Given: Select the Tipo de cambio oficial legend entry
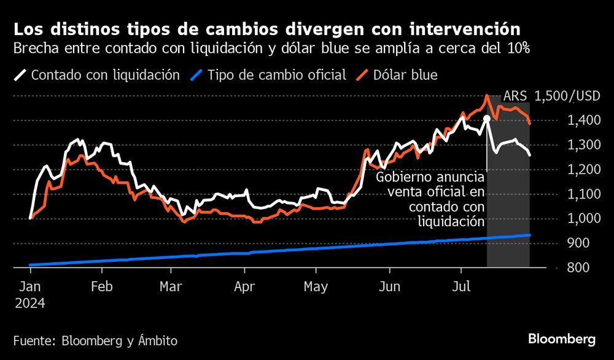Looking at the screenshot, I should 268,75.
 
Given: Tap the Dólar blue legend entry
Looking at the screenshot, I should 398,75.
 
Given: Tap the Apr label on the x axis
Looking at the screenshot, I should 244,286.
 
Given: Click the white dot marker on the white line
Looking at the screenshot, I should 487,118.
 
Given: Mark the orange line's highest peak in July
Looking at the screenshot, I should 487,96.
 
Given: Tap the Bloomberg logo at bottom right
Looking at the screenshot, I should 562,339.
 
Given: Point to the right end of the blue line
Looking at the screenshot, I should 529,235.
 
